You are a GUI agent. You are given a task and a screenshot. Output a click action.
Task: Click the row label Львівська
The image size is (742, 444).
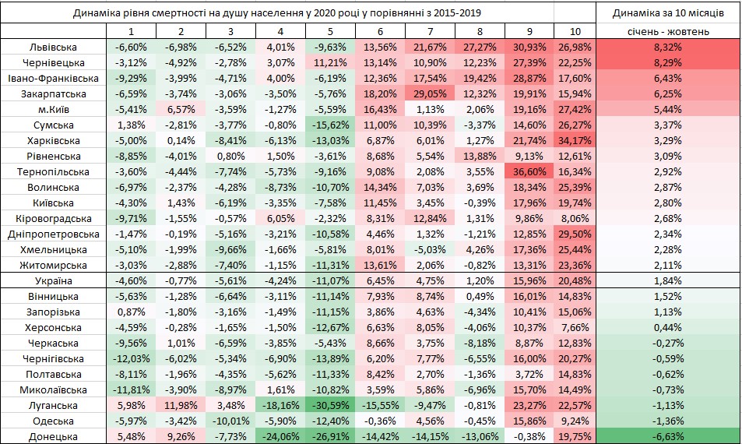pyautogui.click(x=54, y=47)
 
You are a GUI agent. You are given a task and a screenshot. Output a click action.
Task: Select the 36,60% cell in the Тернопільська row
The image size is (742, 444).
pyautogui.click(x=529, y=171)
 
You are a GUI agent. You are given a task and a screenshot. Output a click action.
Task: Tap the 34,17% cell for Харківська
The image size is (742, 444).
pyautogui.click(x=576, y=140)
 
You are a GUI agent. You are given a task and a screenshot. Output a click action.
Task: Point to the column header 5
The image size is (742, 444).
pyautogui.click(x=331, y=32)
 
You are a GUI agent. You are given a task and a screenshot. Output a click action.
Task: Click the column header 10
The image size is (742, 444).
pyautogui.click(x=575, y=32)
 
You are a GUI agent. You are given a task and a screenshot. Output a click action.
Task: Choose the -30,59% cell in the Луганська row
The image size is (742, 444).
pyautogui.click(x=331, y=405)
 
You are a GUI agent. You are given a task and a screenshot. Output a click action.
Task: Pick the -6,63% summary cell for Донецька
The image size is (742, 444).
pyautogui.click(x=669, y=436)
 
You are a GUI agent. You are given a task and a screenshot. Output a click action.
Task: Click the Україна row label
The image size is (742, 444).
pyautogui.click(x=54, y=280)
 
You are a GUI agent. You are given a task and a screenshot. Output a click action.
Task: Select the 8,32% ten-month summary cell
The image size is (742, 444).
pyautogui.click(x=669, y=47)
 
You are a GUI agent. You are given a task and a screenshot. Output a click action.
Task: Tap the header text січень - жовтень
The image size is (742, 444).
pyautogui.click(x=669, y=32)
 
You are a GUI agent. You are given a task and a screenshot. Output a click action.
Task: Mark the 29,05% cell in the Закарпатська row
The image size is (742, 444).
pyautogui.click(x=431, y=93)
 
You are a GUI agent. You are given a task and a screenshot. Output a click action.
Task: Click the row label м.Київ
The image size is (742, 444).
pyautogui.click(x=54, y=109)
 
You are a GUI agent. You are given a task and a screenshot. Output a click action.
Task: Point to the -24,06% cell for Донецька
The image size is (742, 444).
pyautogui.click(x=281, y=436)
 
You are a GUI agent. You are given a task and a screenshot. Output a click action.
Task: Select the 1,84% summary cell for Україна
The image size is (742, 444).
pyautogui.click(x=669, y=280)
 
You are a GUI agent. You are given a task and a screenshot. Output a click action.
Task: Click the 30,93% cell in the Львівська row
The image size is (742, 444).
pyautogui.click(x=529, y=47)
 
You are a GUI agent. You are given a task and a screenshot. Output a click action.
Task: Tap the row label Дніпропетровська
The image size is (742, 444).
pyautogui.click(x=54, y=234)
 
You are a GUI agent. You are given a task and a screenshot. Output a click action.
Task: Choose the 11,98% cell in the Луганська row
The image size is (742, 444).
pyautogui.click(x=181, y=405)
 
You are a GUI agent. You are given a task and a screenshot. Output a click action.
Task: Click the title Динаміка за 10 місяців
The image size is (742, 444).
pyautogui.click(x=669, y=12)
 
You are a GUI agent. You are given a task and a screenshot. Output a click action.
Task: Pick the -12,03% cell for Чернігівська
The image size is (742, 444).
pyautogui.click(x=132, y=358)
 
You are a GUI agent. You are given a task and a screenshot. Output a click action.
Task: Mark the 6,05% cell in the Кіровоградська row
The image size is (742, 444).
pyautogui.click(x=281, y=218)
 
